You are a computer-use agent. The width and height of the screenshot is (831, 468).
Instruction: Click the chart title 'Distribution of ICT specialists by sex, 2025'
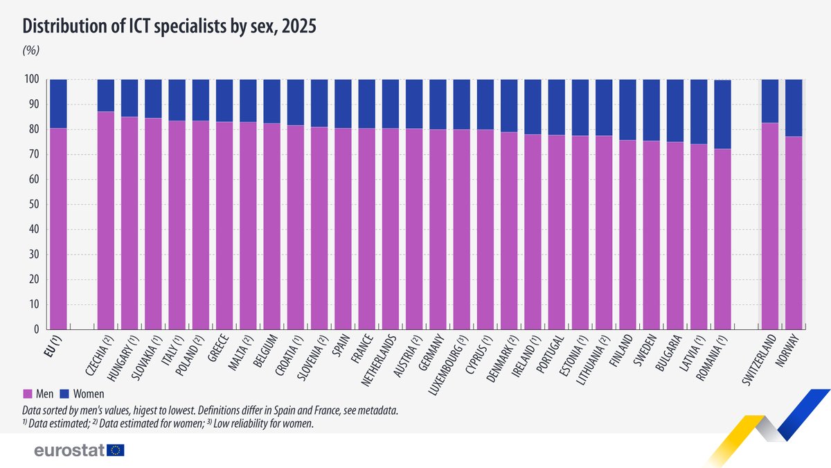click(x=169, y=26)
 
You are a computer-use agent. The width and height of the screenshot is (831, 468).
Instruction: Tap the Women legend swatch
click(x=64, y=394)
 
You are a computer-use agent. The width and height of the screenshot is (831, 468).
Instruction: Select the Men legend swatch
click(x=28, y=394)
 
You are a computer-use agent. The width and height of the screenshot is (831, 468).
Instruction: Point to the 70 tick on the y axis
click(x=34, y=154)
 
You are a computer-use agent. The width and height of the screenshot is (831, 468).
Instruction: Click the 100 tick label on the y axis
click(x=32, y=79)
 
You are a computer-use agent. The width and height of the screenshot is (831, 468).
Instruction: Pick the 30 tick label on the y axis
click(x=34, y=254)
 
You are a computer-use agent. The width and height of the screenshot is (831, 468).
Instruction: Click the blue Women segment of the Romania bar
click(x=723, y=114)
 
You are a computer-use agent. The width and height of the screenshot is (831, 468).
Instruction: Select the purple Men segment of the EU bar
click(x=59, y=229)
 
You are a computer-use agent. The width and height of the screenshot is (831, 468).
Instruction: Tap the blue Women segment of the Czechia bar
click(x=106, y=96)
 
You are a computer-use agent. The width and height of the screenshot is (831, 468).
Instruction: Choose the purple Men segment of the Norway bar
click(x=794, y=233)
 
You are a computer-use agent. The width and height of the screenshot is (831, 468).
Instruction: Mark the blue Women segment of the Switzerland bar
click(x=770, y=101)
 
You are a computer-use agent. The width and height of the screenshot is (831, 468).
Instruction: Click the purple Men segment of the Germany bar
click(x=438, y=229)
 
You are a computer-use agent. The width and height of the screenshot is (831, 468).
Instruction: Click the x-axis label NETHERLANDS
click(x=378, y=361)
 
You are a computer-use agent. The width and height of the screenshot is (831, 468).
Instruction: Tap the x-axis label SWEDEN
click(x=645, y=350)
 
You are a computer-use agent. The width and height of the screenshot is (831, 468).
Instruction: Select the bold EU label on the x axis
click(x=53, y=346)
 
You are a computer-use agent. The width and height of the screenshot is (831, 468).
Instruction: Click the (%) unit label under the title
click(x=31, y=50)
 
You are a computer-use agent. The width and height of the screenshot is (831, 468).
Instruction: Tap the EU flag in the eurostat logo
click(x=116, y=450)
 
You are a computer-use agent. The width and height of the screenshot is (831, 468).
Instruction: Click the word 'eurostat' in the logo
click(x=69, y=450)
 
